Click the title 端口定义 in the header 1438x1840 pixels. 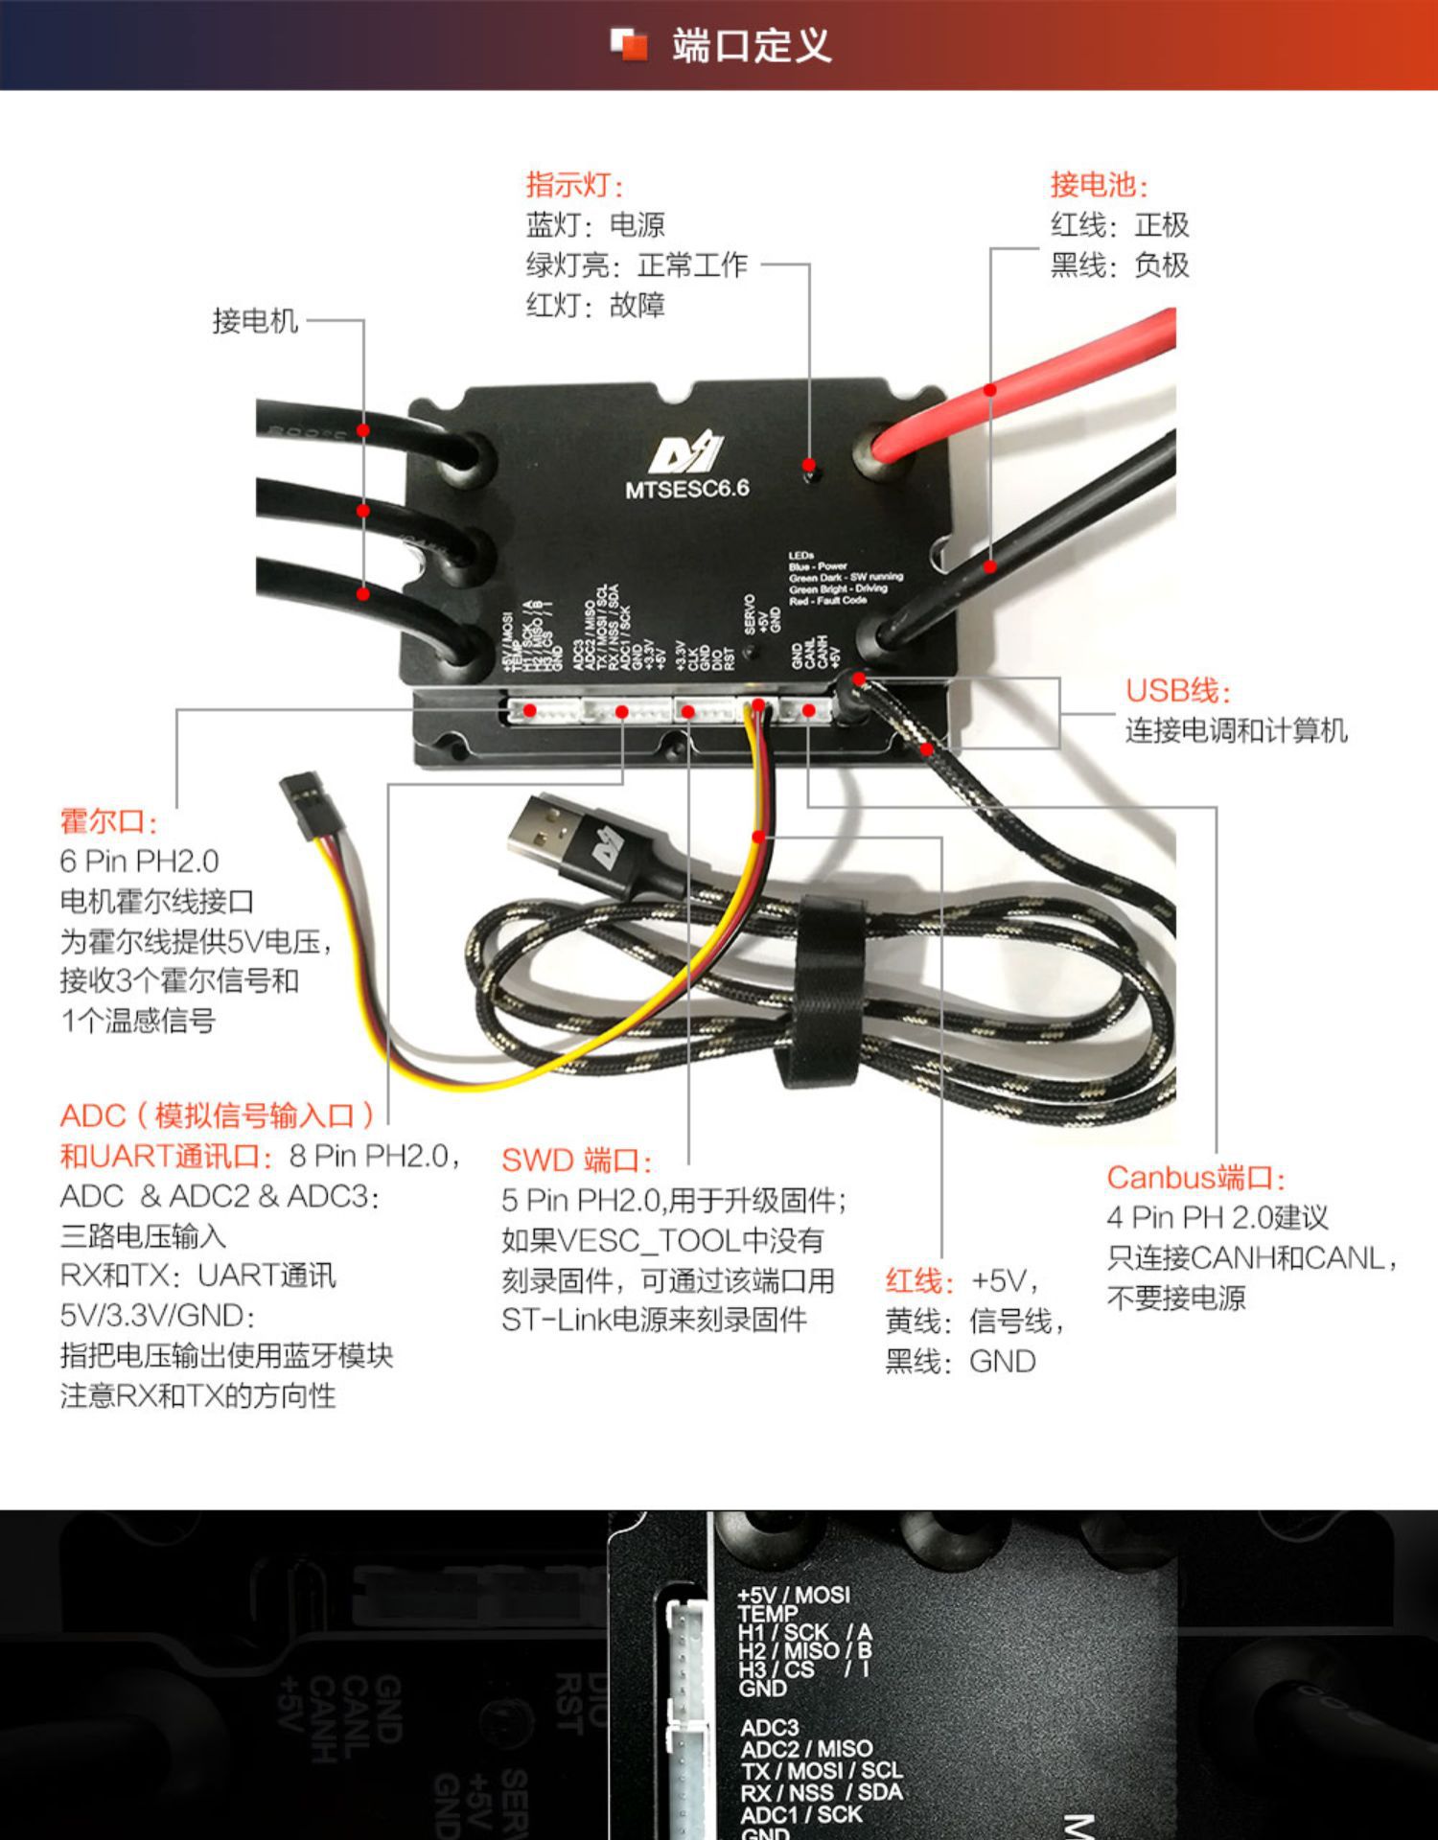750,45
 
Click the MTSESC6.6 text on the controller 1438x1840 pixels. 686,489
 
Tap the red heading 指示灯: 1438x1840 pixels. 574,184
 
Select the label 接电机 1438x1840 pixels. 255,320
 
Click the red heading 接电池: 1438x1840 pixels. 1098,184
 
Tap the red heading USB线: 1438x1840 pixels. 1177,690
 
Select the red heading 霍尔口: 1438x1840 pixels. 107,821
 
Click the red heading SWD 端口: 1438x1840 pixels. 576,1161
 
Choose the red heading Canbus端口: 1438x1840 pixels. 1194,1178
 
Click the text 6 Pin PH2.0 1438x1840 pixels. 139,861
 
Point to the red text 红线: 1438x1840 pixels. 919,1281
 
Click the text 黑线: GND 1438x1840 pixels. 960,1361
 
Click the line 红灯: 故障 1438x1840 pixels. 594,305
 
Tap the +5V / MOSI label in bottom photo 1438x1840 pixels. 793,1596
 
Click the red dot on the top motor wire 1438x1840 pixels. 363,430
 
